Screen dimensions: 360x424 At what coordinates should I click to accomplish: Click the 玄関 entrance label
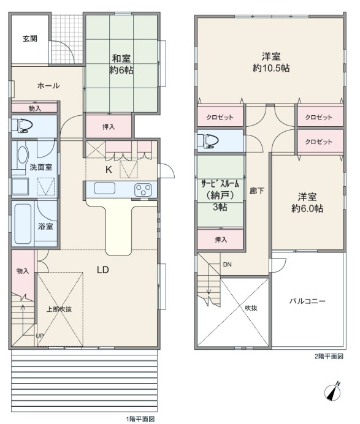(x=30, y=39)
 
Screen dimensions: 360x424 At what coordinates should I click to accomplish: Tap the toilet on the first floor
(x=25, y=126)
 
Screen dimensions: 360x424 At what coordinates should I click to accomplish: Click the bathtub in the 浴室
(x=23, y=224)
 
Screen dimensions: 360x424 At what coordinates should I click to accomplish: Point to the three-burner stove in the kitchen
(x=144, y=189)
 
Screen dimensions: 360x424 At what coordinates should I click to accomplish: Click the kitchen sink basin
(x=104, y=188)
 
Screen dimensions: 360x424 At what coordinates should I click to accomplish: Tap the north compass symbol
(x=333, y=391)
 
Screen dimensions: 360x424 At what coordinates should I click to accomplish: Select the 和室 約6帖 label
(x=121, y=64)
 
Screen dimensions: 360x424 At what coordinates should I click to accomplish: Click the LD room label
(x=103, y=270)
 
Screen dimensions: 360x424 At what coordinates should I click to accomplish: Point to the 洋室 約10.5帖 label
(x=271, y=62)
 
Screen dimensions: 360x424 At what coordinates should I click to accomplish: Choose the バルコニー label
(x=307, y=301)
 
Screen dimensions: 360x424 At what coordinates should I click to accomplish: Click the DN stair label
(x=228, y=265)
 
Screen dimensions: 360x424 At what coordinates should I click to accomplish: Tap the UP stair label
(x=40, y=336)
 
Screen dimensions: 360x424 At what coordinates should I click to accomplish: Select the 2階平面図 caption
(x=329, y=357)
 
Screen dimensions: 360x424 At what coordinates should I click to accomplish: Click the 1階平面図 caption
(x=140, y=419)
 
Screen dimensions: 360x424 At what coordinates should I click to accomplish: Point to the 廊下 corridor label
(x=256, y=191)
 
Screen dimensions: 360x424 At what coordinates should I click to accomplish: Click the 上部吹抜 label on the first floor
(x=59, y=309)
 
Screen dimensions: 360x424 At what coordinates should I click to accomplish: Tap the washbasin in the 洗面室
(x=23, y=154)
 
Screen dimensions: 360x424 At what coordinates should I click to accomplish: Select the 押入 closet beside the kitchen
(x=109, y=127)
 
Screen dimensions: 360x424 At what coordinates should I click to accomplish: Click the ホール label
(x=48, y=86)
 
